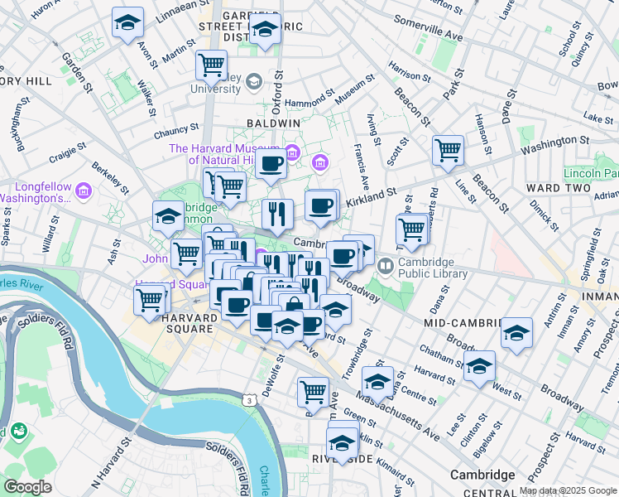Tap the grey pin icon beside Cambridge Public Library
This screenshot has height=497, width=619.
[x=386, y=267]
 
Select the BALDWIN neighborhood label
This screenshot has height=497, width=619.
[x=272, y=123]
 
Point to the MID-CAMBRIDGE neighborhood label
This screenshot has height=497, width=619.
[x=463, y=321]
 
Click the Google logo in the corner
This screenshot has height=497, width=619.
[x=27, y=486]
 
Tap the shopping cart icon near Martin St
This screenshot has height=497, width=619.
[x=212, y=64]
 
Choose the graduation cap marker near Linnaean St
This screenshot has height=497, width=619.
[x=127, y=22]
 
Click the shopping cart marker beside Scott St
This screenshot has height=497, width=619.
[x=448, y=151]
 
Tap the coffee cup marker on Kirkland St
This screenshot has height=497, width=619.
[x=320, y=205]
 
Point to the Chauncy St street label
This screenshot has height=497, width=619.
[x=176, y=131]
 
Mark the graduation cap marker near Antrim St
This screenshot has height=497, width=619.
[x=516, y=334]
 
